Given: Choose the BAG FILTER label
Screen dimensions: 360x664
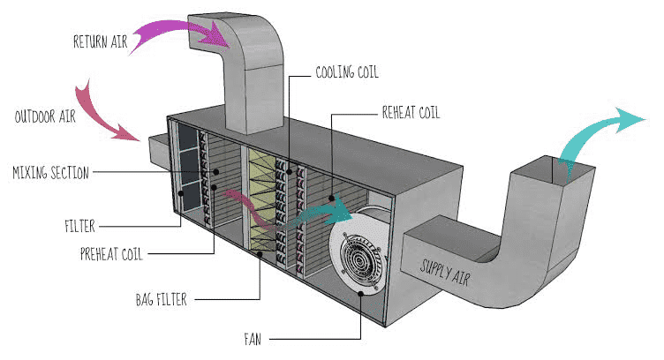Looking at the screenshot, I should click(160, 301).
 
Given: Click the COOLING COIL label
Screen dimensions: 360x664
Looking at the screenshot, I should click(353, 72).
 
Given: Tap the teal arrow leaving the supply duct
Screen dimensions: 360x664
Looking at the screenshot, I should click(600, 132).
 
